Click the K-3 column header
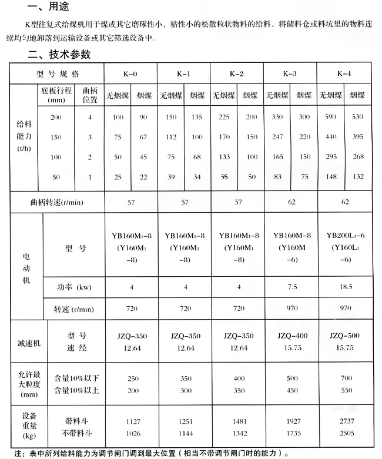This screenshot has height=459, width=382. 290,75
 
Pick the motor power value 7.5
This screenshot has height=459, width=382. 290,287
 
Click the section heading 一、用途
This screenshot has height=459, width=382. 46,8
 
